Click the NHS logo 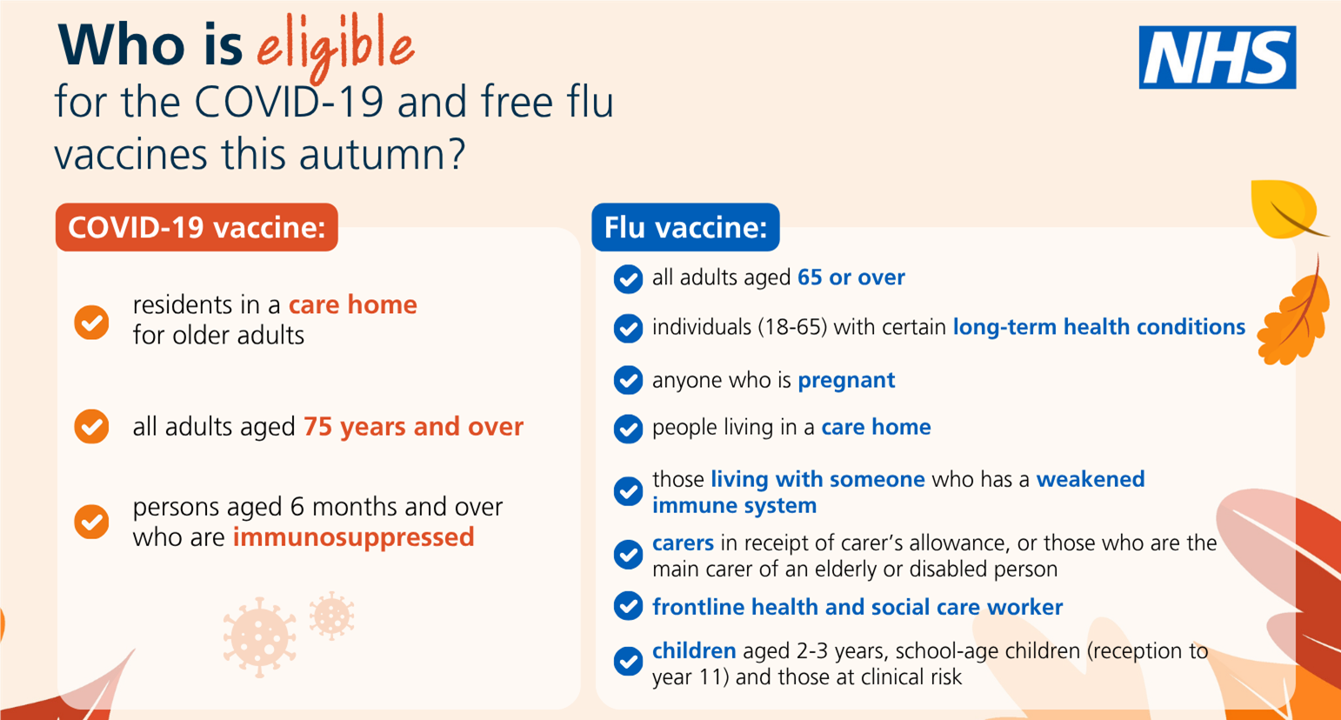coord(1217,57)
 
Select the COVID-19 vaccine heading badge coord(197,228)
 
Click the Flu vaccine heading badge coord(685,228)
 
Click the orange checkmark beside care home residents coord(91,322)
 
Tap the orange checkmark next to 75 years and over coord(91,427)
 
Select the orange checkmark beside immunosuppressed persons coord(91,522)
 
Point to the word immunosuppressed coord(353,537)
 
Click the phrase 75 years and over coord(413,427)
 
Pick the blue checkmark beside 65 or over coord(628,279)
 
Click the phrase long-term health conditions coord(1099,327)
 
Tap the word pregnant coord(846,380)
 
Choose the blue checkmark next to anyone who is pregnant coord(628,380)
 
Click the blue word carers coord(683,543)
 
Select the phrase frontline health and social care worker coord(857,607)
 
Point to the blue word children coord(694,651)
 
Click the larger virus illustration coord(259,637)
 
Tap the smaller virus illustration coord(331,616)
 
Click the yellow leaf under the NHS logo coord(1285,209)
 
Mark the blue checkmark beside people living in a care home coord(628,429)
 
